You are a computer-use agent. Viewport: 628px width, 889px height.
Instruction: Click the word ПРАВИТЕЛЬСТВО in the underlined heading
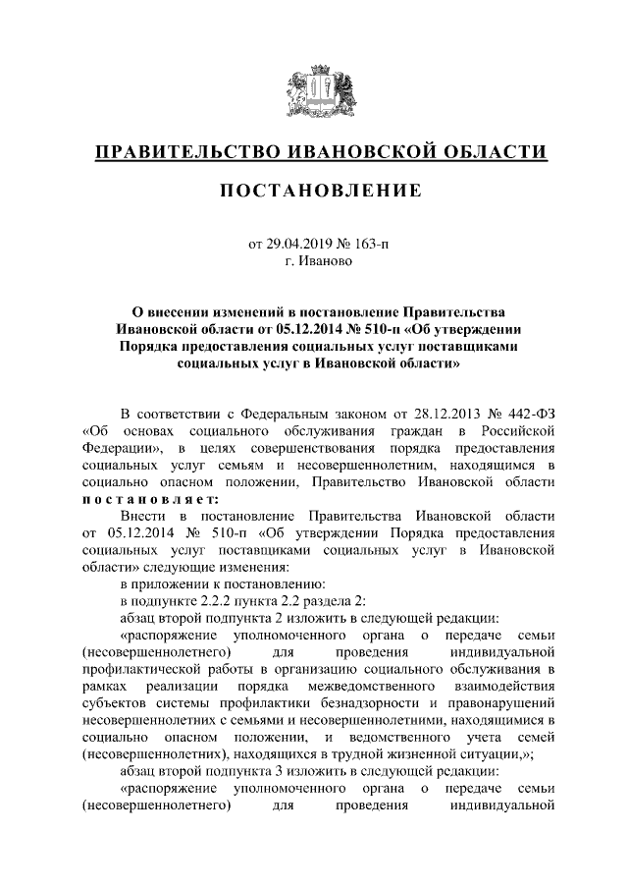coord(182,152)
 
